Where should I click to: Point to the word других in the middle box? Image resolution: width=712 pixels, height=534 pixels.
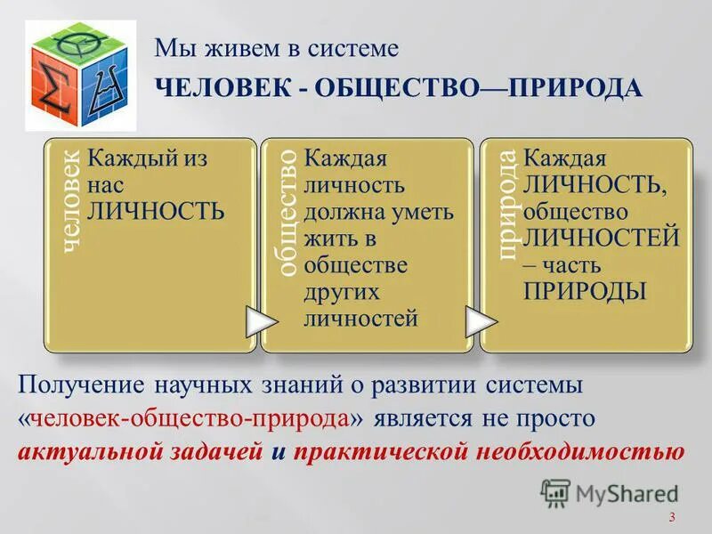(x=342, y=292)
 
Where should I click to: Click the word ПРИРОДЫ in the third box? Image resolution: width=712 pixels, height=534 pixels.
(x=584, y=292)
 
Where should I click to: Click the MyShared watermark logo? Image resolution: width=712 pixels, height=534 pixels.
(x=610, y=492)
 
